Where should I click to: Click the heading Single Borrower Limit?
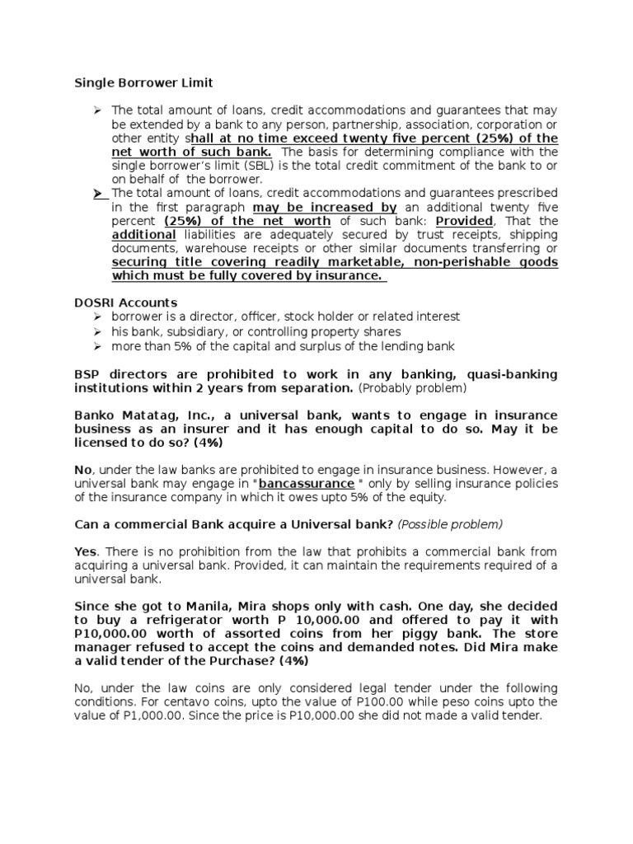click(144, 82)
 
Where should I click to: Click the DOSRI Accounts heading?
click(125, 302)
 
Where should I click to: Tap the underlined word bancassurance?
click(295, 483)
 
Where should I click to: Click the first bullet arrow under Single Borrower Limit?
click(96, 110)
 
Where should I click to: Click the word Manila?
click(197, 607)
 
